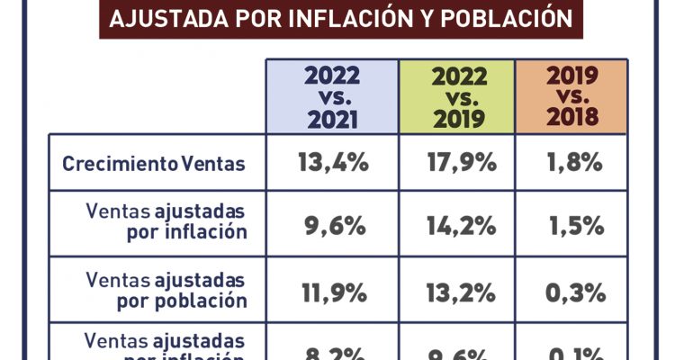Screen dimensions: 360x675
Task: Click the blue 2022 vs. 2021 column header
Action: (331, 96)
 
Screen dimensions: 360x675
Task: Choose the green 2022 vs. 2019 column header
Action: (457, 96)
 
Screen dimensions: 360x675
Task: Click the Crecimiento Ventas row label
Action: (153, 165)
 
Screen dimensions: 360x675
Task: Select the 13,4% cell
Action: (331, 164)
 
